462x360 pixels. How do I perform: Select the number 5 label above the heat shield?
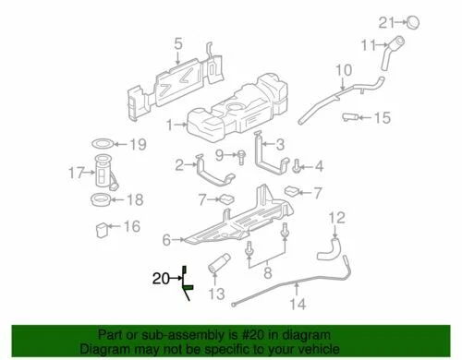pos(179,42)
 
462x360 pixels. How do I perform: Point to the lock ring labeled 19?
pos(104,145)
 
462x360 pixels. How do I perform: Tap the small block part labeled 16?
pos(103,227)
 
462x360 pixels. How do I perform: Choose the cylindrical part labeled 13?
pos(222,270)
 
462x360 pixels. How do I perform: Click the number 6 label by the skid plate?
pos(167,240)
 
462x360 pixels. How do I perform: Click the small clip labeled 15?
pos(351,117)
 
